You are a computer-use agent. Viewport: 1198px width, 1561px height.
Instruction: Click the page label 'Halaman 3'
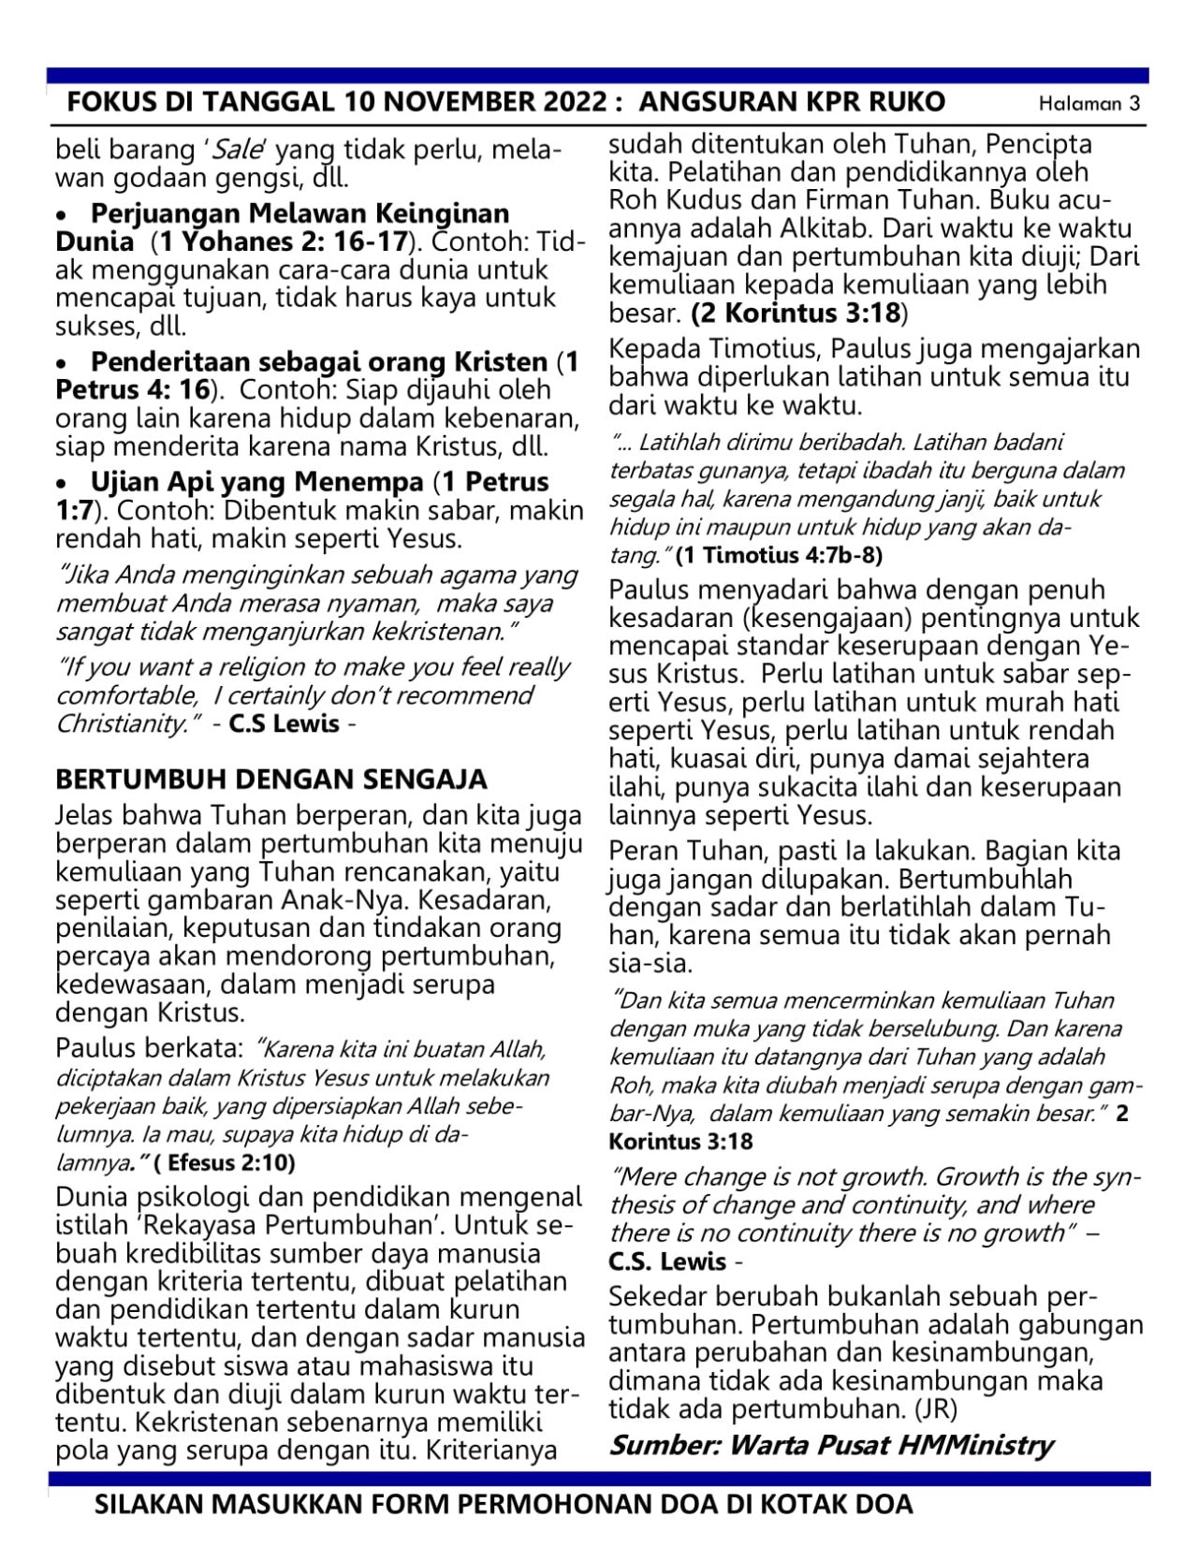[x=1088, y=104]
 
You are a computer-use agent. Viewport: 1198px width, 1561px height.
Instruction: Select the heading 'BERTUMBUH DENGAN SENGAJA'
[x=271, y=779]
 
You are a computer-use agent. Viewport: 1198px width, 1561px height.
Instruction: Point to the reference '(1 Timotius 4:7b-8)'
[x=778, y=555]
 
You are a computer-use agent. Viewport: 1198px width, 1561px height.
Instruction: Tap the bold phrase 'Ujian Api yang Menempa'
[x=256, y=483]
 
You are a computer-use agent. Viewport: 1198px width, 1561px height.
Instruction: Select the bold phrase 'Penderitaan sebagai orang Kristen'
[x=318, y=362]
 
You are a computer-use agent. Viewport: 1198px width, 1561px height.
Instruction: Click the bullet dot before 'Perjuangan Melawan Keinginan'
[x=63, y=215]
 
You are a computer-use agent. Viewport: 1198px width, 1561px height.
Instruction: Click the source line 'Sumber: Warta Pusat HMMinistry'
[x=831, y=1445]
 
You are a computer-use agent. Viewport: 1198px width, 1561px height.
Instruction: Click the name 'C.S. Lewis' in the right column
[x=667, y=1262]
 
